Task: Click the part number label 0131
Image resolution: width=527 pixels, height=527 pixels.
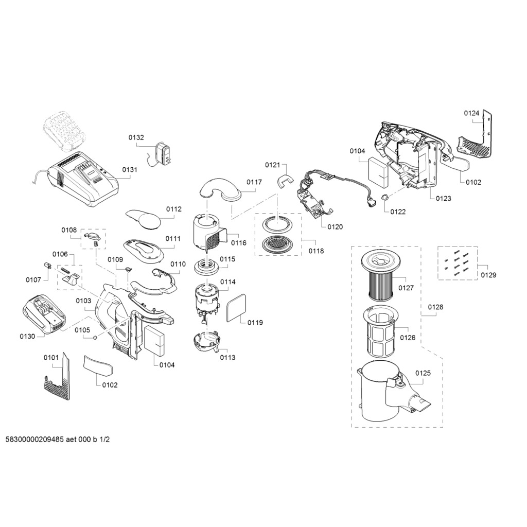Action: (x=130, y=169)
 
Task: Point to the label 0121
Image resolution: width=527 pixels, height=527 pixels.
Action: (x=273, y=165)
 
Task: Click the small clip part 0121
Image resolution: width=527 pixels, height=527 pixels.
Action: (x=285, y=180)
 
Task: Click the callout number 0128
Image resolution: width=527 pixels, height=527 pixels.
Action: (x=435, y=307)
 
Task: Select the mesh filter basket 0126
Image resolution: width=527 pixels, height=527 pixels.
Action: (x=381, y=331)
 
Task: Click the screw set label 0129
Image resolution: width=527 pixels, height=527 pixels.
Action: (x=488, y=275)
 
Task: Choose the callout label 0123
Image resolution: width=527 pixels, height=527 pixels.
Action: (x=444, y=198)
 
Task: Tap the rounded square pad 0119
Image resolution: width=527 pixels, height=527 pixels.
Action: (x=237, y=308)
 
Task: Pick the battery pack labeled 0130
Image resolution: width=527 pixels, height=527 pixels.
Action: (x=43, y=314)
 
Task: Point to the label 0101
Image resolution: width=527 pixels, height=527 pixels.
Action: (x=51, y=357)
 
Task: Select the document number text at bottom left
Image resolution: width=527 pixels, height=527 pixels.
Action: (x=58, y=440)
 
